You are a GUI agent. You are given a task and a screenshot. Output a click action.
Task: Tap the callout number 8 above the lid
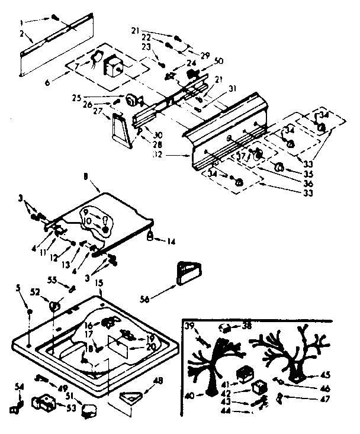(86, 176)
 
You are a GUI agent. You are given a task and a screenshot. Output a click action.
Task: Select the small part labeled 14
(150, 237)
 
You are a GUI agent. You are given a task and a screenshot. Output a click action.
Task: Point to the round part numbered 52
(54, 306)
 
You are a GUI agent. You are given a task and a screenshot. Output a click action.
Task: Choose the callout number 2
(22, 34)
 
